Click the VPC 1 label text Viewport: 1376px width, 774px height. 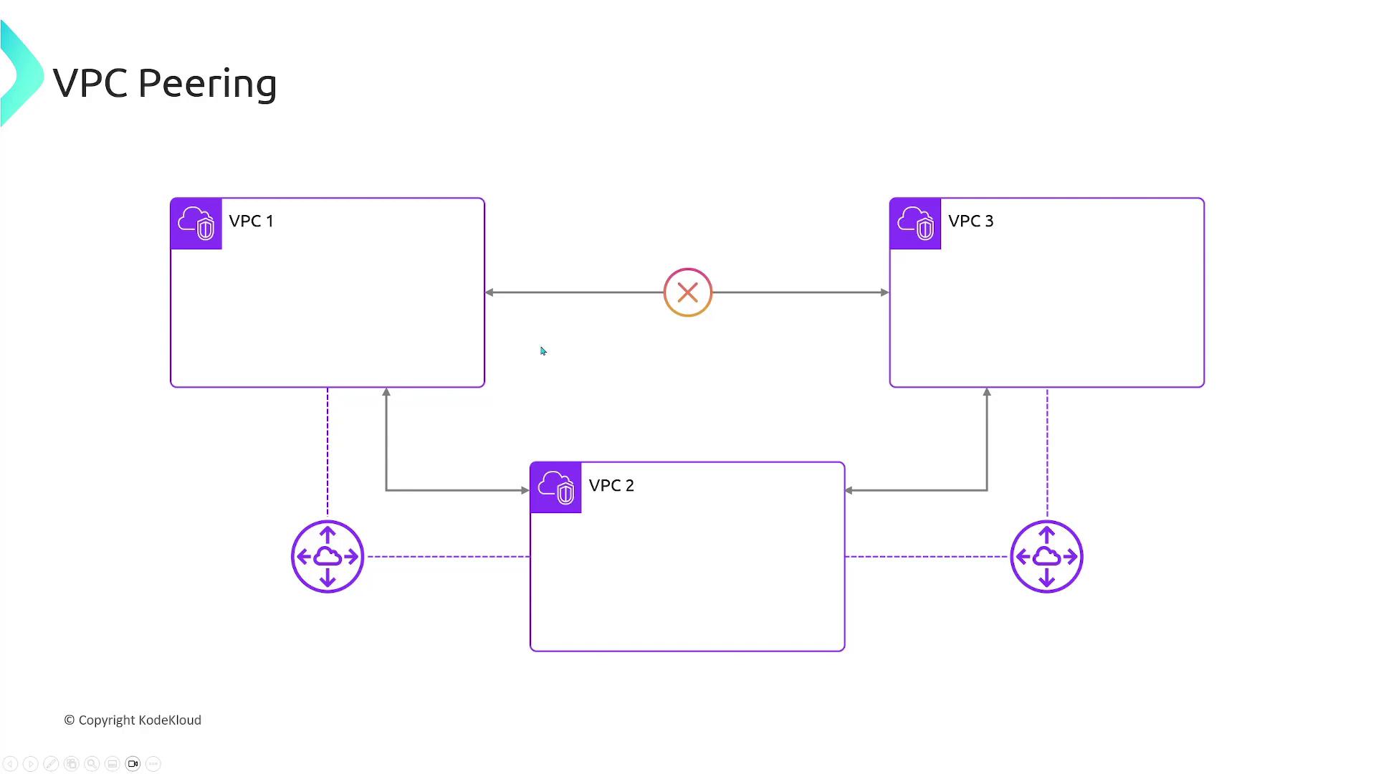click(251, 221)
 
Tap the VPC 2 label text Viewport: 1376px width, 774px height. click(611, 485)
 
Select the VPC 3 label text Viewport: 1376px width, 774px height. click(971, 221)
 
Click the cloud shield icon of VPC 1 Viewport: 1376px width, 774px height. click(196, 224)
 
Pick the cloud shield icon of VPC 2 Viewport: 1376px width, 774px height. click(556, 488)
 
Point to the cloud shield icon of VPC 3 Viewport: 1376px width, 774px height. click(915, 224)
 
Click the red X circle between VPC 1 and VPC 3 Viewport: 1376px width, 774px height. click(688, 292)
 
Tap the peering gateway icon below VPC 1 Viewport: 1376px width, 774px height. click(328, 557)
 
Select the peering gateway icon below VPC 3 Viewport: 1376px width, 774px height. click(1046, 557)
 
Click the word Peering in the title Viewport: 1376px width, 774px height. click(208, 85)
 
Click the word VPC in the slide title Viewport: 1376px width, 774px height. click(91, 83)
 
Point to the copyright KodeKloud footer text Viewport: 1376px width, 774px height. click(133, 720)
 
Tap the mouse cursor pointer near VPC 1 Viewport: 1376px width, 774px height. click(543, 351)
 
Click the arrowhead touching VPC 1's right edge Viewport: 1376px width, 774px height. click(489, 292)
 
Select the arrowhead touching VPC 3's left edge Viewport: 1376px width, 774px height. click(884, 292)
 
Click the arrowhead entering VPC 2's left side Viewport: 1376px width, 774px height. click(525, 490)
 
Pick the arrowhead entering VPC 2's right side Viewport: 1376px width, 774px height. click(849, 490)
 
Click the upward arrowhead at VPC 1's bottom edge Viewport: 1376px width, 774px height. click(386, 392)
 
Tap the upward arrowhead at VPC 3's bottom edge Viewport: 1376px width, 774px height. click(987, 392)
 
